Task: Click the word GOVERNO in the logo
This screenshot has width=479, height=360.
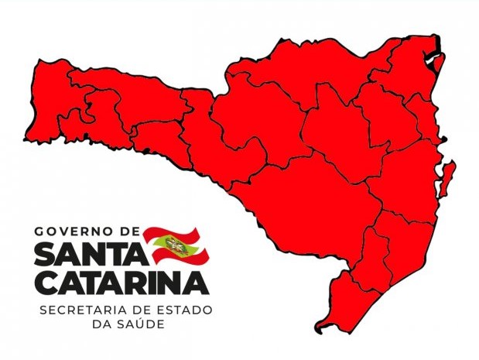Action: point(74,231)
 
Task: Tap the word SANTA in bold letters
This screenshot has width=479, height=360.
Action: point(87,253)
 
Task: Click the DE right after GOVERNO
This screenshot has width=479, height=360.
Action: point(129,231)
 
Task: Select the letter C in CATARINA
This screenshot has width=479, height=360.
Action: point(46,283)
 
